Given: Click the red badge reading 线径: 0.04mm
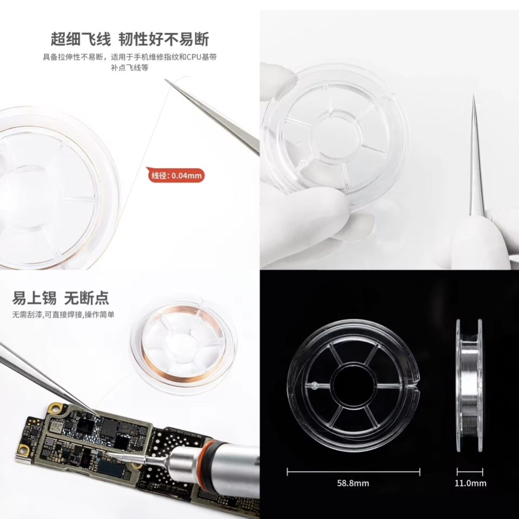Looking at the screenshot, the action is point(176,175).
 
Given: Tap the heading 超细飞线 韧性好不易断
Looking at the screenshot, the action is point(130,39).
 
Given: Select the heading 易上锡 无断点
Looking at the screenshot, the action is point(60,298).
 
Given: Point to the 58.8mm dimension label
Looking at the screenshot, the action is point(353,483).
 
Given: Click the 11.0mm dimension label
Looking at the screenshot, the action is point(471,483).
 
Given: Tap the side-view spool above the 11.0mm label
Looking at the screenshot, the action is point(469,385).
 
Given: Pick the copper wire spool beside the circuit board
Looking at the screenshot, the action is point(184,348).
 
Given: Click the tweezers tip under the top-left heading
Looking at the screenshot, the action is point(166,80).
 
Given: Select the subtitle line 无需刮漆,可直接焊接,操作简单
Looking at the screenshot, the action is point(63,315).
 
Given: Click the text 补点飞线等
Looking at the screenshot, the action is point(130,67).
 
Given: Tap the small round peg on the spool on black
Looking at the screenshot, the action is point(315,385).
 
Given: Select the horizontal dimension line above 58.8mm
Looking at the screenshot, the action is point(353,472).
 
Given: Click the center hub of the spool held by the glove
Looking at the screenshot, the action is point(335,136).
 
